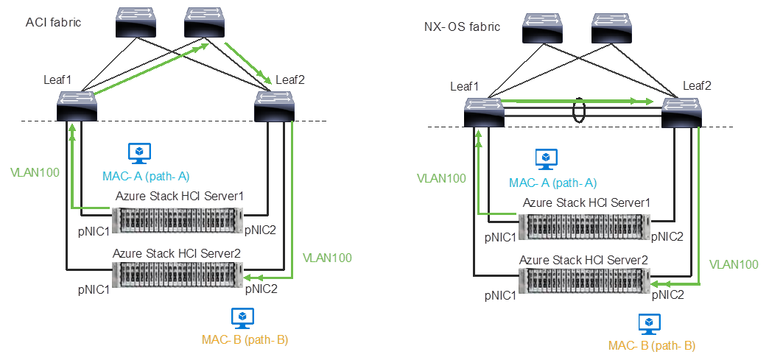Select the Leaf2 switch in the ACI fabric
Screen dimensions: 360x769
[x=274, y=107]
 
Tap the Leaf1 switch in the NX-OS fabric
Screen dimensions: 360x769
[x=484, y=114]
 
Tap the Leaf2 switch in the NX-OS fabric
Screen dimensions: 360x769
[x=681, y=114]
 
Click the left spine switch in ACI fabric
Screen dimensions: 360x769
[x=136, y=23]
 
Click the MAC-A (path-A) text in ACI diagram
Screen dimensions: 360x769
[x=145, y=176]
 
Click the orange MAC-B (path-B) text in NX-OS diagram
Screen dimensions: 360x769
[x=652, y=345]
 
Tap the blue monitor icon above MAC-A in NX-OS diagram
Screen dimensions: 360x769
[x=546, y=159]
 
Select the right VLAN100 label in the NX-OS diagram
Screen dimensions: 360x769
[x=733, y=264]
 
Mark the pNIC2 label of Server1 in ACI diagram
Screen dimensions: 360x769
[x=260, y=230]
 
